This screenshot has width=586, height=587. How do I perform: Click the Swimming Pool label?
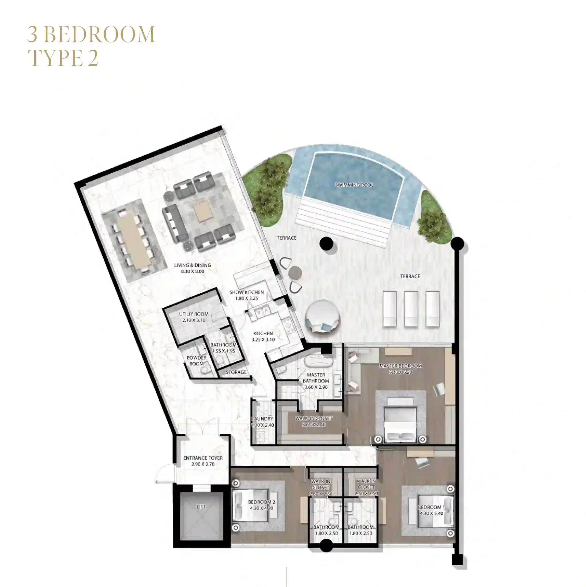(354, 185)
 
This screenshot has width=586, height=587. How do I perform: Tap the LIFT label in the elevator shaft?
(201, 506)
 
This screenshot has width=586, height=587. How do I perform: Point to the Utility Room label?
(194, 317)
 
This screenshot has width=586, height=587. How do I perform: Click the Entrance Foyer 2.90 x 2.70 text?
(203, 461)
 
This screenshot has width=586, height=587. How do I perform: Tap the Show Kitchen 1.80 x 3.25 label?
(247, 295)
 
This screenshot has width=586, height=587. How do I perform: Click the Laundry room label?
(263, 422)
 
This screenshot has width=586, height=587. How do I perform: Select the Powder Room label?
(196, 361)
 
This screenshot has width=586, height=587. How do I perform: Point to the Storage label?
(236, 372)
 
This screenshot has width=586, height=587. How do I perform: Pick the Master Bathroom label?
(316, 381)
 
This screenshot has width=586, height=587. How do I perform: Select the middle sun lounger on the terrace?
(411, 308)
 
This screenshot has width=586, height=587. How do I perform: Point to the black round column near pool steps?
(327, 243)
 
